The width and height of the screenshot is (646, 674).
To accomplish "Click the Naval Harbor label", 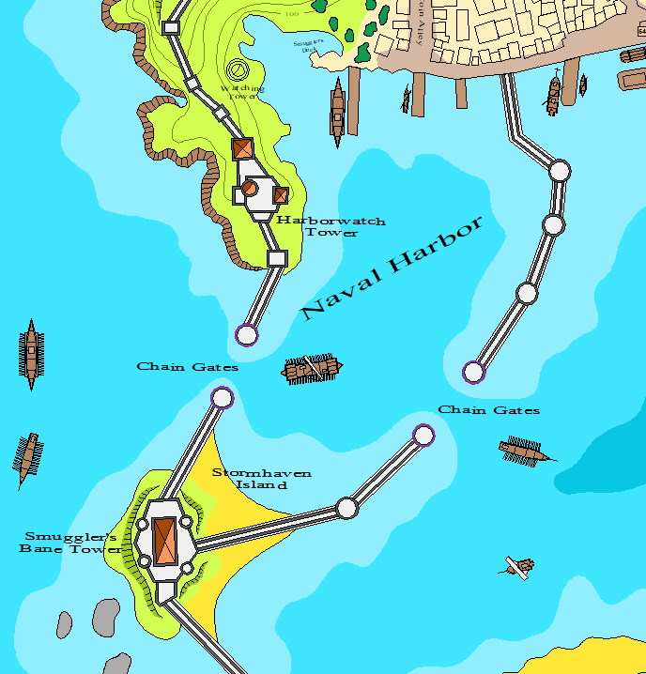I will point(394,267).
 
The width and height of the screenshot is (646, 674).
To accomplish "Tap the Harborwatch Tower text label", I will point(331,226).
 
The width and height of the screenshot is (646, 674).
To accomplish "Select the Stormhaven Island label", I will point(249,479).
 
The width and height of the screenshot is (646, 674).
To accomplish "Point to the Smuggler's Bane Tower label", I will point(68,543).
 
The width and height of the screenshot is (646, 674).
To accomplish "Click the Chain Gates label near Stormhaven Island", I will point(188,367).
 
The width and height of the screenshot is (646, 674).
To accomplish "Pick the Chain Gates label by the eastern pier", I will point(489,410).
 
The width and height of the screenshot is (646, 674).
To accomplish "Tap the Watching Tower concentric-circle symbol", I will point(238,69).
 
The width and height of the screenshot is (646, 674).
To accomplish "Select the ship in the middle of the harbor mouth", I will point(313,369).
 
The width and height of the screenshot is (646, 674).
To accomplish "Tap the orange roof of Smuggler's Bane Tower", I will point(165,540).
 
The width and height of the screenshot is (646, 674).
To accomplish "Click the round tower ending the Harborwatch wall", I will point(247,334).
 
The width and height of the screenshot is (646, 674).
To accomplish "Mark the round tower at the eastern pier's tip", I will point(474,373).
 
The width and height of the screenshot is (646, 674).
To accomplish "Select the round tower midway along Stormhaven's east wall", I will point(347,508).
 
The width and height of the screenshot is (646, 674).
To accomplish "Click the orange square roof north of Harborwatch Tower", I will point(243,148).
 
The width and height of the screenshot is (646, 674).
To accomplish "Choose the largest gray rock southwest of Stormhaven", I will point(106,616).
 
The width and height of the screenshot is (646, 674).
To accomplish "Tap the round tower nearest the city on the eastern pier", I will point(559,171).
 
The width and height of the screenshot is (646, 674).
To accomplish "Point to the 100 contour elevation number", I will point(291,14).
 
